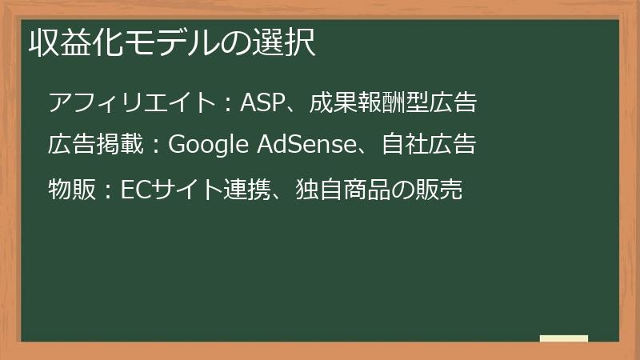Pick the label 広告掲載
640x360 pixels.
click(x=95, y=145)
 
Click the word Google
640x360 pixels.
click(x=210, y=146)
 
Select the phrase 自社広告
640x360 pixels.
click(x=429, y=145)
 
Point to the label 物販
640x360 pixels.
click(x=71, y=190)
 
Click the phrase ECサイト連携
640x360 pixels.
click(x=189, y=190)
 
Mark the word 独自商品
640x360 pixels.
click(x=336, y=190)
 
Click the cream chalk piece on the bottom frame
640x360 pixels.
click(x=563, y=338)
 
